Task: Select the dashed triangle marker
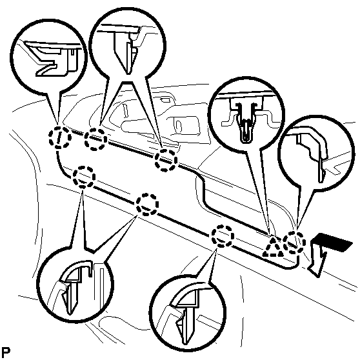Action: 273,248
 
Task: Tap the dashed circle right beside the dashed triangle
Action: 295,243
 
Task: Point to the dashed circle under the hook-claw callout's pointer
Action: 60,137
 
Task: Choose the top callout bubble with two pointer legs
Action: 128,45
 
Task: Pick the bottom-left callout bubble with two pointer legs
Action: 75,285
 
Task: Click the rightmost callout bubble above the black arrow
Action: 316,154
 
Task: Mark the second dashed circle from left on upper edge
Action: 95,139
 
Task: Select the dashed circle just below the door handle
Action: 166,160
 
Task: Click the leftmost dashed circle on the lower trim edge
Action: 84,177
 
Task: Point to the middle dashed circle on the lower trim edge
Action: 147,205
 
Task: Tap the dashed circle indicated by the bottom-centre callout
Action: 223,236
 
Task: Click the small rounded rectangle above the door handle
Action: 165,100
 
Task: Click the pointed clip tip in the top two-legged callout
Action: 128,73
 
